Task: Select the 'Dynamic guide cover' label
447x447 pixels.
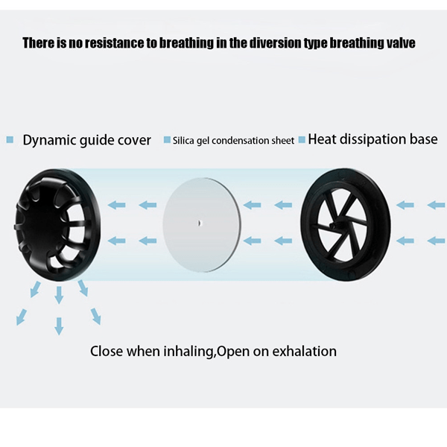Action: (86, 140)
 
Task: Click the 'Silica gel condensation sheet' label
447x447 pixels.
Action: (233, 141)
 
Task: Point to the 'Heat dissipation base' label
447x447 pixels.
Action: (372, 139)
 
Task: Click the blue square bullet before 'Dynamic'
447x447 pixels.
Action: (10, 140)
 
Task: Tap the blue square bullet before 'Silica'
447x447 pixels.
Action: (167, 140)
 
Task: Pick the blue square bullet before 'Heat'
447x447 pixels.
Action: (302, 140)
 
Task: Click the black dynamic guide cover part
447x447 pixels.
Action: (57, 225)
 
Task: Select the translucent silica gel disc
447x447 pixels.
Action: (202, 224)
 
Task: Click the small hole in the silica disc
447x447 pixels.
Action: (200, 223)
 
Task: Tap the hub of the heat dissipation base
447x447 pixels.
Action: (332, 226)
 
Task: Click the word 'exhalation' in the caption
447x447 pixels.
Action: (304, 351)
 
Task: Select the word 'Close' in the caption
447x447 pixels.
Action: (107, 351)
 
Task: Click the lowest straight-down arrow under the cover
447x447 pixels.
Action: (59, 326)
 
